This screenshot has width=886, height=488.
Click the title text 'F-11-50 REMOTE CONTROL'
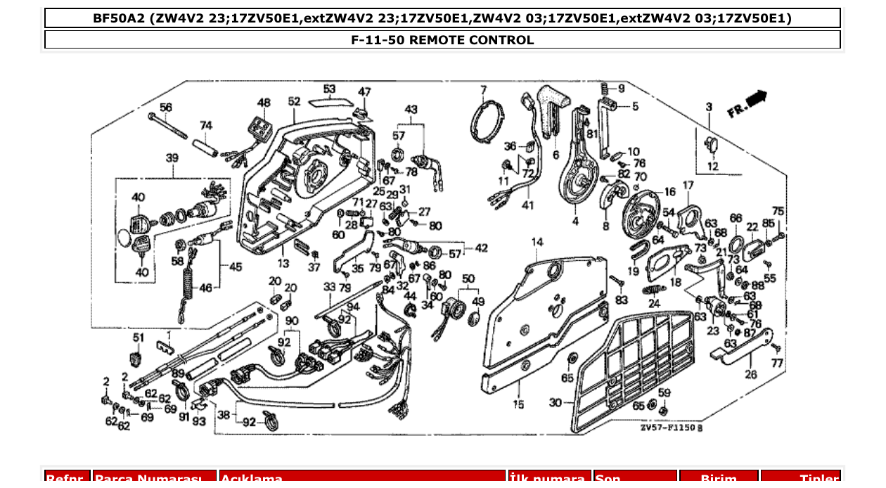442,40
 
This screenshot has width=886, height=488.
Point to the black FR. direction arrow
756,99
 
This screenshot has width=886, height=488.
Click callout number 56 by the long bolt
165,108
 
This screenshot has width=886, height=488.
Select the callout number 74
205,125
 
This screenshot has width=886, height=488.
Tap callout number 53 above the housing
329,89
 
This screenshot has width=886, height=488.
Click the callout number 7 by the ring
483,89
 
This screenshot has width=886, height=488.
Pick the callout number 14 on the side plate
537,243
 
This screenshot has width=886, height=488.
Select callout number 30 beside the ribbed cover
556,403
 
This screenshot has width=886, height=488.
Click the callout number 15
518,404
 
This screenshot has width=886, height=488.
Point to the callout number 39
172,158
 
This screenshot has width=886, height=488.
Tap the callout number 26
750,375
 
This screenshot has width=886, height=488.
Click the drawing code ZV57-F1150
671,428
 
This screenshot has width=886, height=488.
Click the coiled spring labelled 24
654,290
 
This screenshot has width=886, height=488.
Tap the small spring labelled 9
604,89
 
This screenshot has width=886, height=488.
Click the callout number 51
138,338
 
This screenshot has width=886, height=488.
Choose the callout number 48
264,103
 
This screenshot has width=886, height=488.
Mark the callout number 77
776,364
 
